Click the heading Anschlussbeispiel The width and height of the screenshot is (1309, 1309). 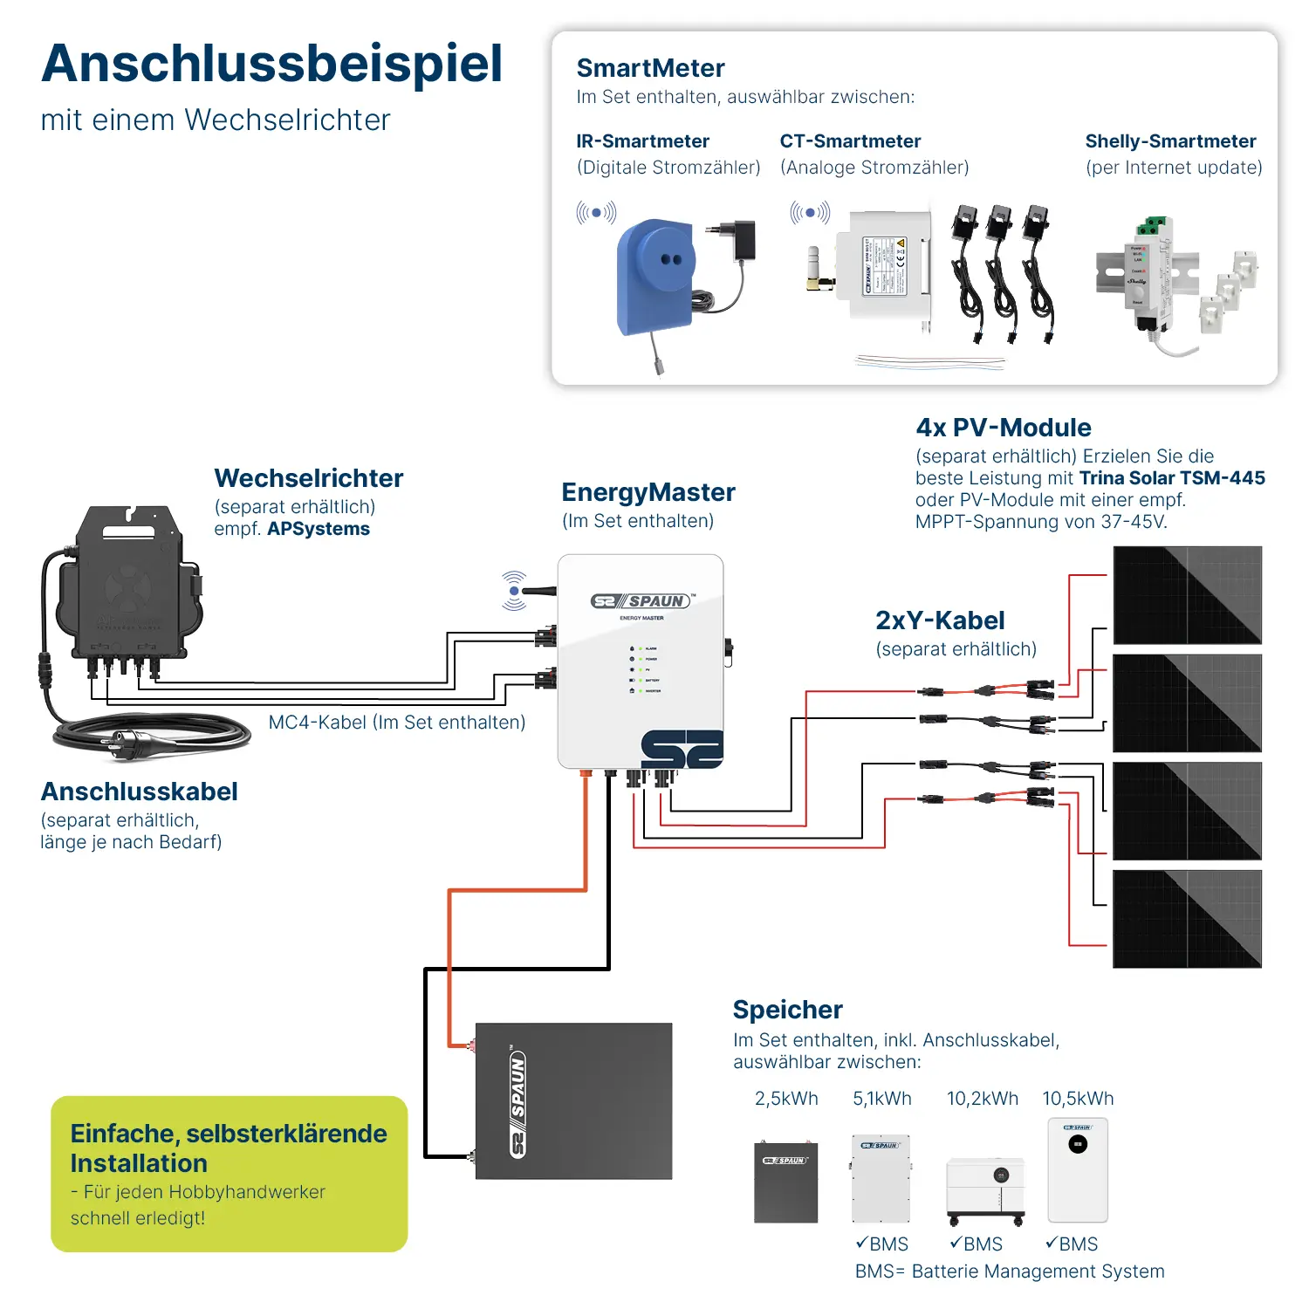pyautogui.click(x=271, y=64)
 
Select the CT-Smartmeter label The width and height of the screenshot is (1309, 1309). pyautogui.click(x=850, y=141)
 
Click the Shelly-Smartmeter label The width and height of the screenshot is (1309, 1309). pyautogui.click(x=1170, y=141)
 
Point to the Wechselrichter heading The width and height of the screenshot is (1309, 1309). pyautogui.click(x=308, y=478)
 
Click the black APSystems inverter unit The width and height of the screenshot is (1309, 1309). pyautogui.click(x=129, y=585)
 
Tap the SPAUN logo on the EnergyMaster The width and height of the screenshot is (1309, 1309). pyautogui.click(x=643, y=601)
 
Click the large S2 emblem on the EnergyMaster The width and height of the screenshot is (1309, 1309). pyautogui.click(x=682, y=750)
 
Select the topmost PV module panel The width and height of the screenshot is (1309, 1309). pyautogui.click(x=1187, y=595)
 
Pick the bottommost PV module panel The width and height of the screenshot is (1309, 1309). pyautogui.click(x=1187, y=919)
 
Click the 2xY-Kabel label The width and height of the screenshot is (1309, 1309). pyautogui.click(x=940, y=620)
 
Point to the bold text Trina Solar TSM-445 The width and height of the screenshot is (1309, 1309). pyautogui.click(x=1172, y=478)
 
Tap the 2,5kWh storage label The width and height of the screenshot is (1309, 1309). pyautogui.click(x=786, y=1099)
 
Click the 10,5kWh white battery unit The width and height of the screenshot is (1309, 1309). pyautogui.click(x=1078, y=1169)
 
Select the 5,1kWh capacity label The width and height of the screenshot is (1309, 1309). pyautogui.click(x=881, y=1099)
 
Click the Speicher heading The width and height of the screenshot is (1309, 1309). pyautogui.click(x=787, y=1010)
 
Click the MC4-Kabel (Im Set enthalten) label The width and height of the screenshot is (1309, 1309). pyautogui.click(x=397, y=723)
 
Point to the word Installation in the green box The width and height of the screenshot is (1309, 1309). pyautogui.click(x=139, y=1163)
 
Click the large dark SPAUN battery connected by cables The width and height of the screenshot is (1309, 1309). pyautogui.click(x=573, y=1101)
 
